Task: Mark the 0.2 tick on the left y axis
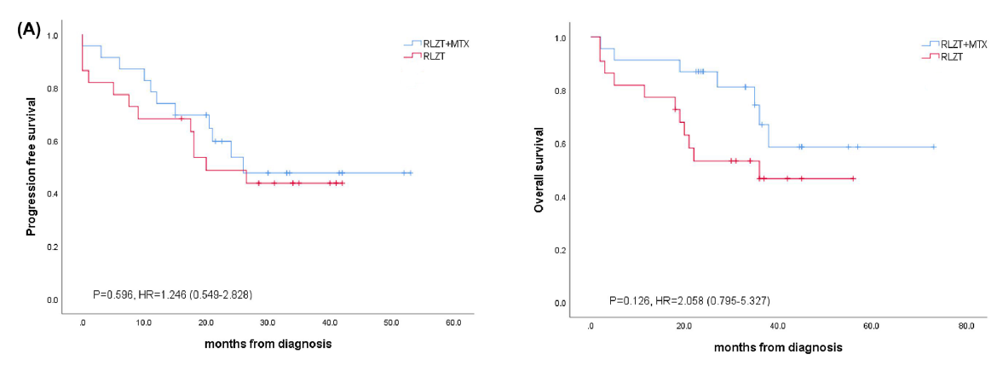pos(54,247)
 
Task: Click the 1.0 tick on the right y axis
pos(560,38)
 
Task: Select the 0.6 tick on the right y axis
pos(560,144)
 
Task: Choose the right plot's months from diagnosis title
pos(778,347)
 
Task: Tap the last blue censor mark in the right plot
pos(933,147)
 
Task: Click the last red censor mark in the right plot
pos(852,178)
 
